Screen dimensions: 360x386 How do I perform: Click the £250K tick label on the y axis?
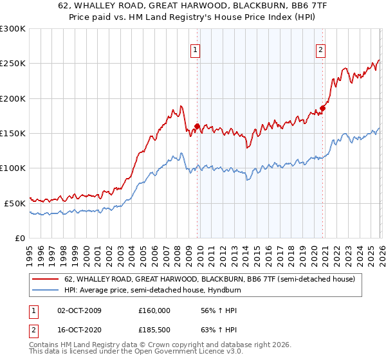click(x=13, y=64)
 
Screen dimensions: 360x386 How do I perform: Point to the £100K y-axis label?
click(x=13, y=168)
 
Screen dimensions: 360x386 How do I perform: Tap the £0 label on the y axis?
click(x=21, y=238)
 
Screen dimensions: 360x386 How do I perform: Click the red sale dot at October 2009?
click(x=197, y=127)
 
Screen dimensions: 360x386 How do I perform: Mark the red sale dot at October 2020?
click(x=322, y=109)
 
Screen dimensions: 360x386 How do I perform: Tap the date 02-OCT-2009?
click(x=79, y=310)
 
